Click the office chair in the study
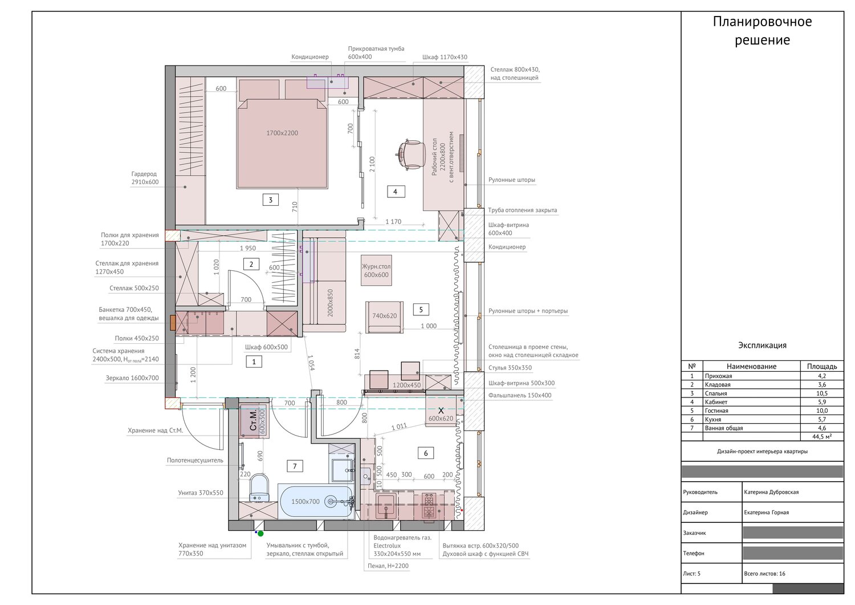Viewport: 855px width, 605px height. (x=410, y=154)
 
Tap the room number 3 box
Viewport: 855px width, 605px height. (x=270, y=200)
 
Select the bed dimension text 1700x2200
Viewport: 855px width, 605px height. (x=282, y=133)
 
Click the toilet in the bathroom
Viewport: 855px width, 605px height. (x=259, y=488)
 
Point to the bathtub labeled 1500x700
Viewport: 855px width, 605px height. (x=316, y=501)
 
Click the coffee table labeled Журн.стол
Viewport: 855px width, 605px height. (x=376, y=270)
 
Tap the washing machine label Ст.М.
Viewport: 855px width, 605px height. (x=253, y=420)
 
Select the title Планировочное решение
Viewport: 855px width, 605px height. (x=762, y=31)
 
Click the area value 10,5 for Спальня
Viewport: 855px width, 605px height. (x=822, y=393)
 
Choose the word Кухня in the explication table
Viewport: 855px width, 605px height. (x=713, y=419)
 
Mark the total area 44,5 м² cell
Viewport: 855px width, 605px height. (x=822, y=437)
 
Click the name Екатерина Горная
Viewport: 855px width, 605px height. (x=766, y=513)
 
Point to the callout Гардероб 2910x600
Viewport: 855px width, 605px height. (x=145, y=178)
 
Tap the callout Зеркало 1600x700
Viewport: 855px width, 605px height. (x=132, y=378)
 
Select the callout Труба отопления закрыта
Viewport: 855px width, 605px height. (x=522, y=210)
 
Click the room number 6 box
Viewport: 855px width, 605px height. (x=426, y=453)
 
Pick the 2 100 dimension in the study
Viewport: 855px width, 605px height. (x=372, y=164)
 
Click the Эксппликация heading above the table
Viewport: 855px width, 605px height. (x=762, y=346)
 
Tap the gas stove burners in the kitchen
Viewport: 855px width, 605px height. (x=429, y=506)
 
